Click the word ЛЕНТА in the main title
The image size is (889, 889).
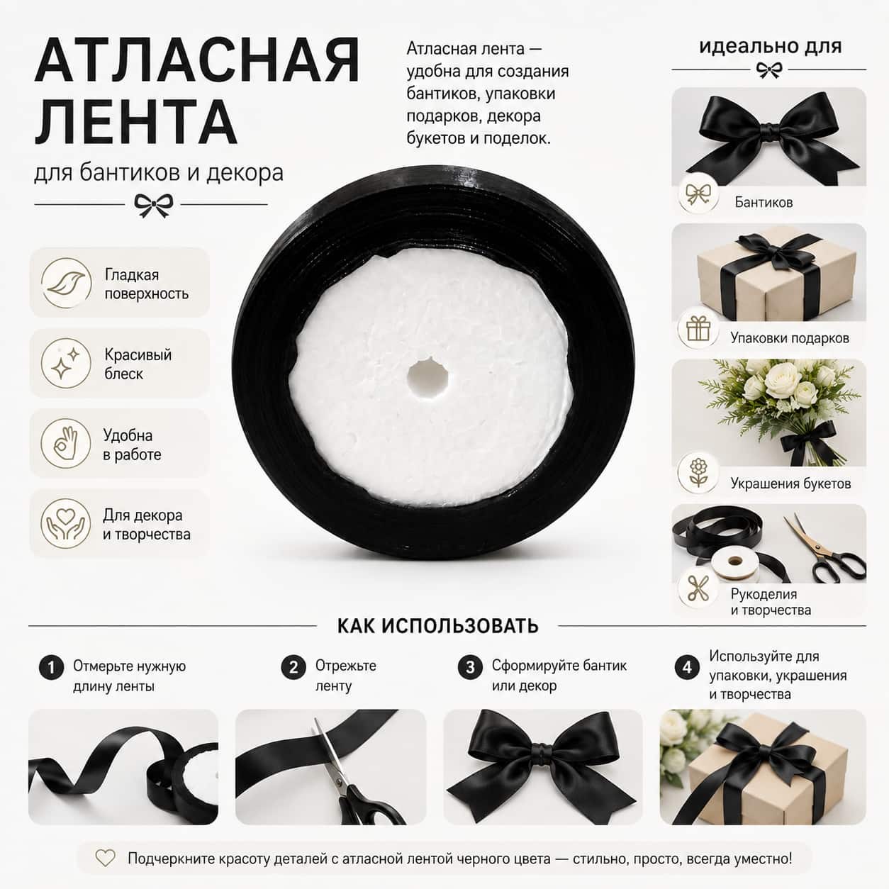pyautogui.click(x=136, y=121)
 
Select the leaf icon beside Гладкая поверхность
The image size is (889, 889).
pyautogui.click(x=66, y=283)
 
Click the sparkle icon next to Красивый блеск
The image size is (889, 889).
pyautogui.click(x=66, y=363)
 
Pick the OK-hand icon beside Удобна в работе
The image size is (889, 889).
pyautogui.click(x=66, y=443)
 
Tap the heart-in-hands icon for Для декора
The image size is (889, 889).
pyautogui.click(x=66, y=524)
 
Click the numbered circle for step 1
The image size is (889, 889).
pyautogui.click(x=51, y=667)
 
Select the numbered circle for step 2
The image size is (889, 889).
pyautogui.click(x=293, y=667)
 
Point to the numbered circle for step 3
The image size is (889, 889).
pyautogui.click(x=470, y=667)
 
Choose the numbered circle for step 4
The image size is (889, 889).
pyautogui.click(x=688, y=667)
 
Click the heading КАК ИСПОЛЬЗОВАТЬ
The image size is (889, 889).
pyautogui.click(x=438, y=626)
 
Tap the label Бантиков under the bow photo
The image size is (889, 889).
pyautogui.click(x=764, y=202)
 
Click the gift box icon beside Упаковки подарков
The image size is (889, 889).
pyautogui.click(x=698, y=330)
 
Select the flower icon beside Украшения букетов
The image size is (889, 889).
pyautogui.click(x=698, y=472)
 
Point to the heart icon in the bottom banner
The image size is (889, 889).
pyautogui.click(x=105, y=859)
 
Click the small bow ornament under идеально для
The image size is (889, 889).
pyautogui.click(x=769, y=70)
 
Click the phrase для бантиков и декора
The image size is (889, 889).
pyautogui.click(x=159, y=173)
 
